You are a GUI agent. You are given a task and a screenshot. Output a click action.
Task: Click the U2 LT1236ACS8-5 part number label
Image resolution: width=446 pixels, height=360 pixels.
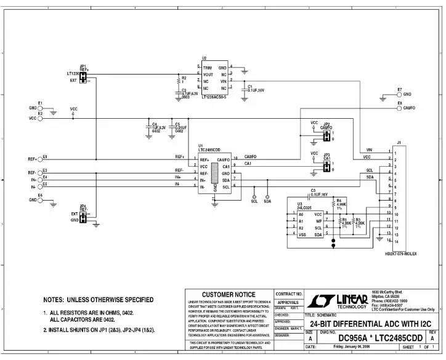(x=214, y=97)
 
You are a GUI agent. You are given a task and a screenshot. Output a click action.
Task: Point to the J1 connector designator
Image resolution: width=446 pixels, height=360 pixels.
(x=399, y=143)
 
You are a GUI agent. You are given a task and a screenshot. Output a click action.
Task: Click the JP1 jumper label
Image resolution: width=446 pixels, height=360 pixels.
(x=83, y=66)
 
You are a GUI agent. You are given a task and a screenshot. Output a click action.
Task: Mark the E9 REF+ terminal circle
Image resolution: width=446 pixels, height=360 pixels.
(x=41, y=158)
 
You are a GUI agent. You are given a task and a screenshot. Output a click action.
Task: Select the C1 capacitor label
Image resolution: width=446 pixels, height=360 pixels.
(x=249, y=86)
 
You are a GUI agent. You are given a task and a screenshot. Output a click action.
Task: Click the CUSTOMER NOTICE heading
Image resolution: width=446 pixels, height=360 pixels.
(x=229, y=294)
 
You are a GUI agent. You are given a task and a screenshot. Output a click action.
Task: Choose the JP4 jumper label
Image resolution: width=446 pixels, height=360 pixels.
(x=83, y=207)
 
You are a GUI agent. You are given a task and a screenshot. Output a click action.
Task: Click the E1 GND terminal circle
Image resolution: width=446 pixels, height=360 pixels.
(x=41, y=108)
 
